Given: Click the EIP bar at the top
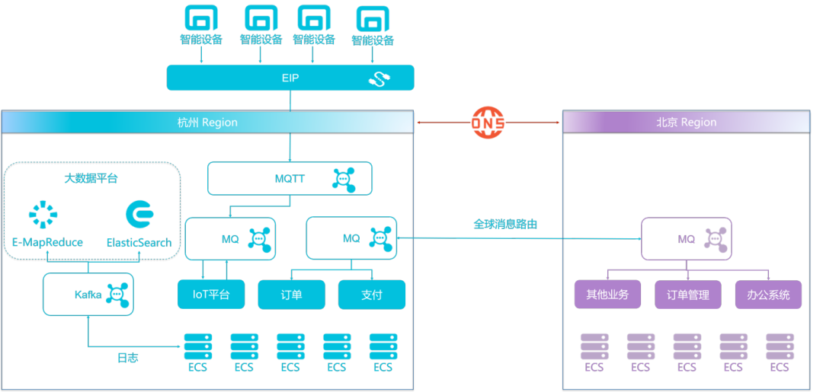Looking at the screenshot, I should (290, 78).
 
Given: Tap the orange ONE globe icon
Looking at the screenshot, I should (488, 122).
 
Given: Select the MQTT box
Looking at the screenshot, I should (290, 180).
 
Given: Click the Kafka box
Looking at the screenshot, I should (88, 294).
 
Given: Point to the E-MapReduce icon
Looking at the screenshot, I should (44, 215).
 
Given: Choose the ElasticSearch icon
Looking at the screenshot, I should (139, 215).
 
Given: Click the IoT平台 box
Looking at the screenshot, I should (211, 294).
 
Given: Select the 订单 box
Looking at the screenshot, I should (291, 294).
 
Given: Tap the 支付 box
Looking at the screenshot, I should (372, 294).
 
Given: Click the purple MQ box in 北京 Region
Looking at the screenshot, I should (687, 239).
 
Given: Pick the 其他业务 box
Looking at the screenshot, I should (607, 295).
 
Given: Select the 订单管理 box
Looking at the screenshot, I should (687, 295).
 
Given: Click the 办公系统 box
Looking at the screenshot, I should (768, 295).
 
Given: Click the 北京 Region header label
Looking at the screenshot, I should (686, 122).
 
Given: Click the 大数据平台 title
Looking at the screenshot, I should (91, 179).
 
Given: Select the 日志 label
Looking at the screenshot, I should (127, 358).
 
